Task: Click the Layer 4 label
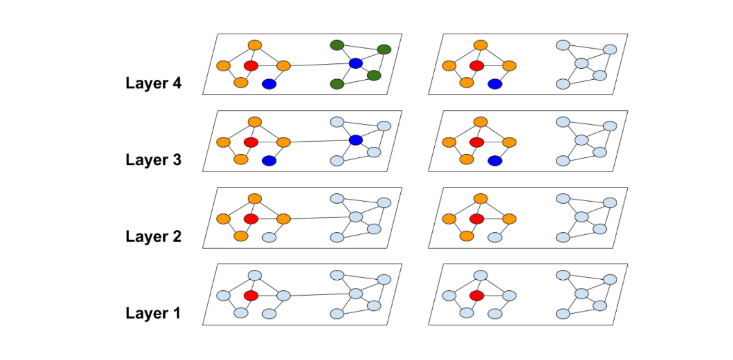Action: (x=153, y=83)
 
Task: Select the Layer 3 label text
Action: (x=153, y=160)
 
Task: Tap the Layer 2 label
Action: (x=153, y=237)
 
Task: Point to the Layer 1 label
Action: (x=153, y=313)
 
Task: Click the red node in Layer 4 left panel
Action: (x=251, y=66)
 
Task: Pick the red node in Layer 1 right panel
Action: (x=477, y=296)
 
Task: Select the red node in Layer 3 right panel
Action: (x=477, y=142)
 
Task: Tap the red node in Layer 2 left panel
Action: (x=251, y=219)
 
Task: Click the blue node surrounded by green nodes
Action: (x=356, y=64)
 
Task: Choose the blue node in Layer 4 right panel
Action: (x=495, y=83)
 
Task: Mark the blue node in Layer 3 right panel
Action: (x=495, y=160)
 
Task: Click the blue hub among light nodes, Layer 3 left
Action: (x=356, y=140)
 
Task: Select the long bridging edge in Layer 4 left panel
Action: (x=319, y=65)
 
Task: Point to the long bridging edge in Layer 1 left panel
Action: (x=319, y=295)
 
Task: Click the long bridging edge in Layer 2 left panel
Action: (x=319, y=218)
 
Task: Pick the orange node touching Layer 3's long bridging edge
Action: (x=283, y=142)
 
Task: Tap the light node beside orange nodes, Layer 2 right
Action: (x=495, y=237)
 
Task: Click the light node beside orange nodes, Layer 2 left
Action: (x=269, y=237)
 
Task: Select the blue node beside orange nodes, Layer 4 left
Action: (x=269, y=83)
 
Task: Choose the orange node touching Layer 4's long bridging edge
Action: (x=283, y=66)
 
